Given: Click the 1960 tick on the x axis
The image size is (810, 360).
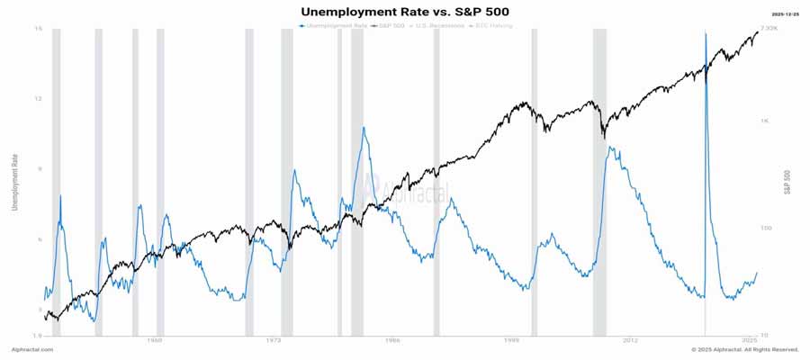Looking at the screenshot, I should tap(155, 341).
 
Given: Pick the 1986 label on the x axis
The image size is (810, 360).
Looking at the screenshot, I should tap(392, 341).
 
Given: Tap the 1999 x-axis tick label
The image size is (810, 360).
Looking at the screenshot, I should tap(511, 341).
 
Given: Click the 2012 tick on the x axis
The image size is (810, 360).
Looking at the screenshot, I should tap(630, 341).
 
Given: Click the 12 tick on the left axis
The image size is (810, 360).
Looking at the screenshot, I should tap(39, 98).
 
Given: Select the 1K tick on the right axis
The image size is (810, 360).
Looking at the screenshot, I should tap(764, 120).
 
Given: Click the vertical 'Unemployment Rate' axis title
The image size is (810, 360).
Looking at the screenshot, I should tap(14, 183).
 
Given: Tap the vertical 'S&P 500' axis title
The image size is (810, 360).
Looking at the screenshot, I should tap(787, 183).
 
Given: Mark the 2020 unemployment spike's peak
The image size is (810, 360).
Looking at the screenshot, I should tap(706, 34).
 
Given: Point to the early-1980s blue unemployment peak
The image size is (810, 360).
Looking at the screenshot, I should tap(364, 128).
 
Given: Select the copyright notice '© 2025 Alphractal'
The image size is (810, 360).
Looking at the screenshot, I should tap(745, 349).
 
